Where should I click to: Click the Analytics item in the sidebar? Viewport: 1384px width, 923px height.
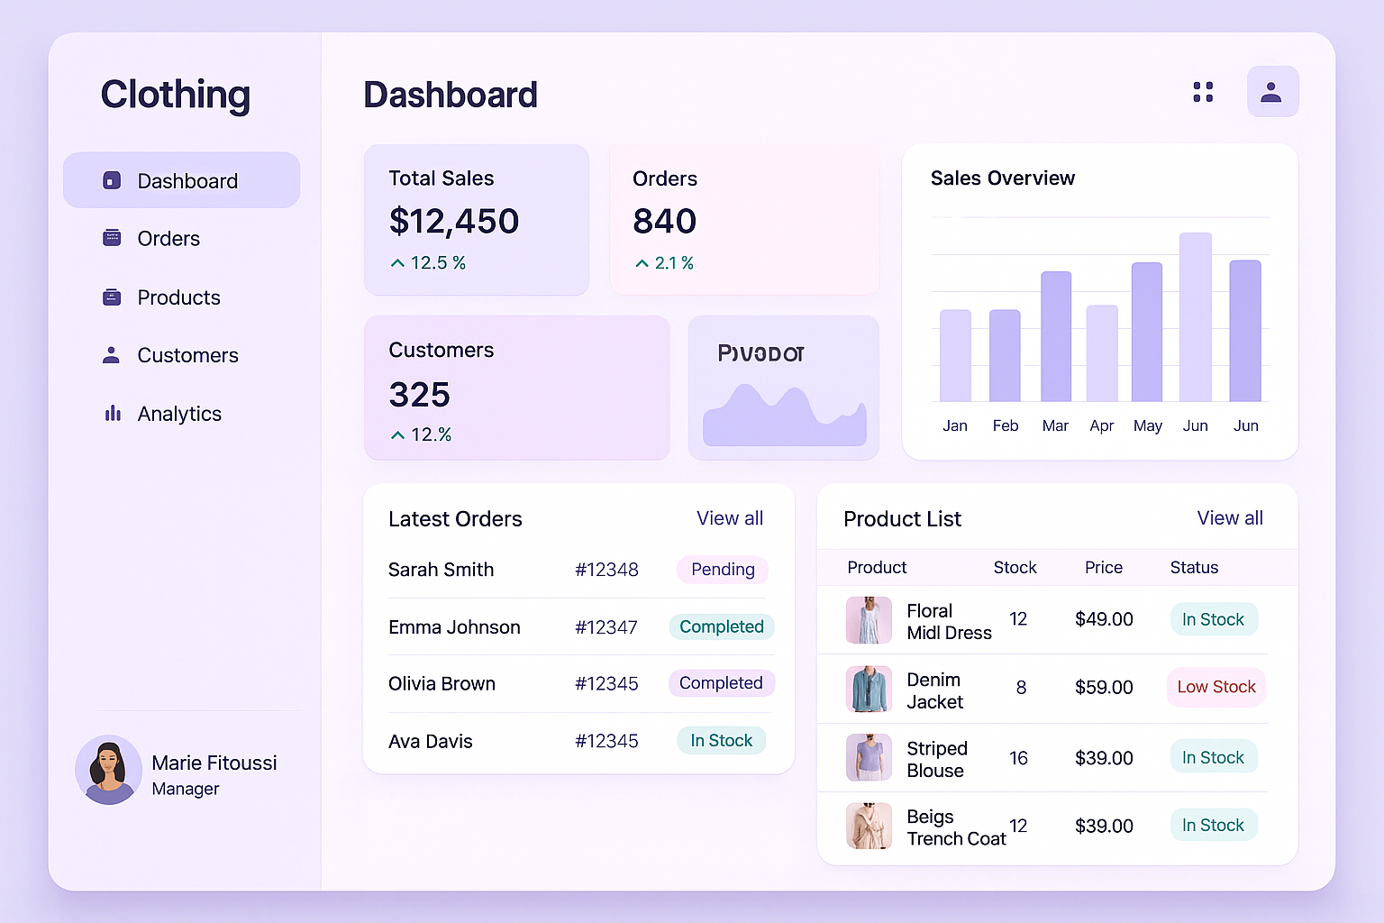[x=178, y=414]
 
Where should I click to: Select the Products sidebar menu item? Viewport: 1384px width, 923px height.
[x=178, y=297]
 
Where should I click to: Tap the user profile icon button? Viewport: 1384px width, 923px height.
[x=1271, y=92]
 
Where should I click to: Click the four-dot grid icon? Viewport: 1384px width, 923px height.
[x=1203, y=92]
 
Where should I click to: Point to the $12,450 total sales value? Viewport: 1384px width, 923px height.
[x=454, y=222]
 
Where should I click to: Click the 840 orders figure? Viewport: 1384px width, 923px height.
[x=665, y=222]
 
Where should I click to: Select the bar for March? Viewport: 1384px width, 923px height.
[x=1056, y=336]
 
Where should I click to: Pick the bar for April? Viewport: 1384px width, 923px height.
[x=1102, y=353]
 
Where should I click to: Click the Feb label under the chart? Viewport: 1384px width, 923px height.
[x=1006, y=425]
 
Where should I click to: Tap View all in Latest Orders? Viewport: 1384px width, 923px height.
[x=729, y=518]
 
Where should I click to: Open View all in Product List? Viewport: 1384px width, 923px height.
[x=1229, y=518]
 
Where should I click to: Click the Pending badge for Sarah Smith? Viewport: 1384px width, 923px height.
[x=723, y=570]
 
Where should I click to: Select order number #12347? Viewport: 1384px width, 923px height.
[x=606, y=627]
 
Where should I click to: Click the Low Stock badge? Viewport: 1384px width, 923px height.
[x=1216, y=687]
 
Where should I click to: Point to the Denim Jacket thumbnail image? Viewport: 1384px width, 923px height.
[x=869, y=689]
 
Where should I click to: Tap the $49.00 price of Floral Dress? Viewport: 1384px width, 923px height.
[x=1104, y=619]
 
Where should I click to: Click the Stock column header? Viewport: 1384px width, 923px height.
[x=1015, y=568]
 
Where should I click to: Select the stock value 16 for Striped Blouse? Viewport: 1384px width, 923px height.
[x=1018, y=758]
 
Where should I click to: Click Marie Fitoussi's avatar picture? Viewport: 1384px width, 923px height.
[x=109, y=770]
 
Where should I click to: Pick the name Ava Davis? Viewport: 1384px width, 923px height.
[x=431, y=741]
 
